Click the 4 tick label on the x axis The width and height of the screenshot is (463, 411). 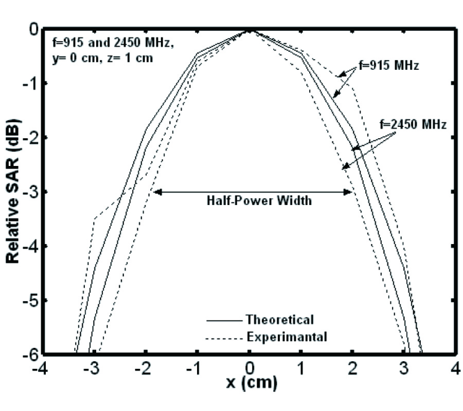[455, 368]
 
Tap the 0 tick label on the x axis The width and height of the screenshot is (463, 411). [250, 368]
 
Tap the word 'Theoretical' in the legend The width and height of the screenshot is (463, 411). [280, 320]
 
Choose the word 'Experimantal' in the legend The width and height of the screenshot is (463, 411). [287, 337]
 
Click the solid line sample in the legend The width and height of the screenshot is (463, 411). [223, 320]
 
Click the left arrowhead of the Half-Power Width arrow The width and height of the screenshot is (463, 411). [157, 192]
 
